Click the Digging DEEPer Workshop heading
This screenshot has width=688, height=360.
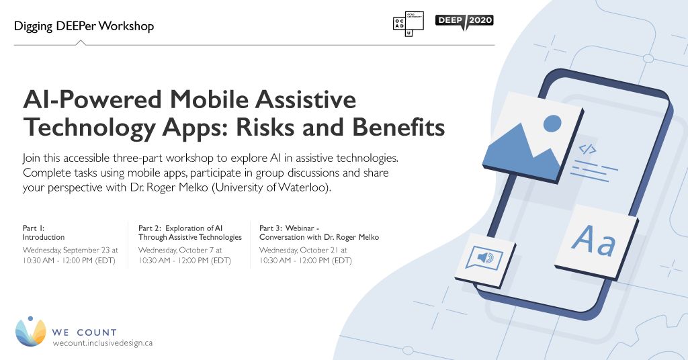[84, 27]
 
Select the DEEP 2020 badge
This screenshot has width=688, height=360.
[464, 20]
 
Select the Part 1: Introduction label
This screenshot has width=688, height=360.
[44, 232]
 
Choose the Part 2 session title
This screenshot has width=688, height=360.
[190, 232]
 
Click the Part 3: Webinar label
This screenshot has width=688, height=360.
[319, 232]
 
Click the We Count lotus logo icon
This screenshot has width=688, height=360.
[30, 331]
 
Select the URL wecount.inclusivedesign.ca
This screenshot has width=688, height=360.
[103, 343]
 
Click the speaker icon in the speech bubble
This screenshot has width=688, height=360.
[484, 259]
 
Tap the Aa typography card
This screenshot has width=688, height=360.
[595, 242]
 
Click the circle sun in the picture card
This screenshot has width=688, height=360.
[552, 123]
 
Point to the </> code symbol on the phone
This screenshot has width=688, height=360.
[587, 149]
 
